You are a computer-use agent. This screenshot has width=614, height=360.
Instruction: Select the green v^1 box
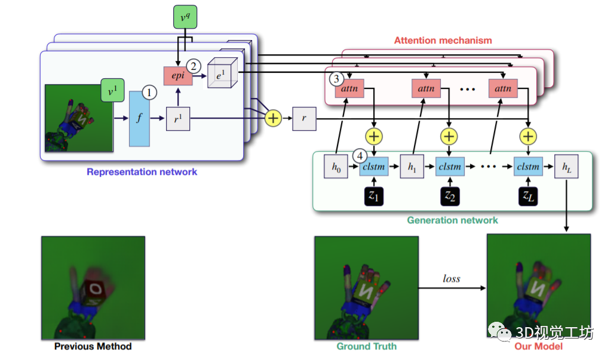(112, 92)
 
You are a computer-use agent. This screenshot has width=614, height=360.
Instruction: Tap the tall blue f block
(139, 118)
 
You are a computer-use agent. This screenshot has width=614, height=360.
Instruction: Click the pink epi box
(177, 76)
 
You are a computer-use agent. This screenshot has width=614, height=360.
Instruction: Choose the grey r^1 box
(177, 118)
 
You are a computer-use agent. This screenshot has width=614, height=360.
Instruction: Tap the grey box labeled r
(303, 119)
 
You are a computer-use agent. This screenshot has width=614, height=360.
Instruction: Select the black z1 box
(374, 196)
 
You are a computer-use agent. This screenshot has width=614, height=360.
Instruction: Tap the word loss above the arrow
(452, 278)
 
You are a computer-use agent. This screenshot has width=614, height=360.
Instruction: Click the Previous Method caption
(93, 346)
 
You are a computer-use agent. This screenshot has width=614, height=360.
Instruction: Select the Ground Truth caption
(366, 346)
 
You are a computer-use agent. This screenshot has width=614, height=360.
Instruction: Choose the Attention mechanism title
(443, 41)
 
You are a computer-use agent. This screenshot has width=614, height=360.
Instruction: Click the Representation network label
(142, 172)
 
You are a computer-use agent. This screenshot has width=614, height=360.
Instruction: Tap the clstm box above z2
(450, 167)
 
